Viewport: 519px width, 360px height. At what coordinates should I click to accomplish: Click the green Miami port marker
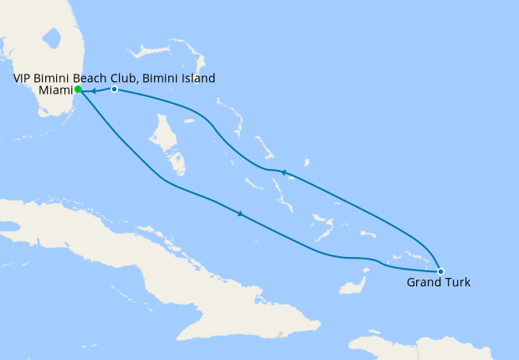(x=78, y=90)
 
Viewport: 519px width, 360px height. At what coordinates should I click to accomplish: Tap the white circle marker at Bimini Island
(x=114, y=89)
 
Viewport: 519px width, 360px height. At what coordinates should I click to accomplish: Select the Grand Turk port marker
(x=440, y=271)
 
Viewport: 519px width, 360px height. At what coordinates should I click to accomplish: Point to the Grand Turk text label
(x=439, y=283)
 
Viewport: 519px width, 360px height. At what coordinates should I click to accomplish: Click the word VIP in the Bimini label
(x=24, y=79)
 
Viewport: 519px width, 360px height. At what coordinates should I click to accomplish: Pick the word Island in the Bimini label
(x=198, y=79)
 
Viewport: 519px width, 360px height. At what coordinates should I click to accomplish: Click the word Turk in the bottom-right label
(x=457, y=283)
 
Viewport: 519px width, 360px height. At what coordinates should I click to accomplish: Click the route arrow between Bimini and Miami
(x=93, y=90)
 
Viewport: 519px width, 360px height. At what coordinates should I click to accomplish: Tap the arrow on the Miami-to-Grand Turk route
(x=241, y=214)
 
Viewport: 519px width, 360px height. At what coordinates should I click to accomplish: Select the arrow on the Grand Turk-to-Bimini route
(x=284, y=172)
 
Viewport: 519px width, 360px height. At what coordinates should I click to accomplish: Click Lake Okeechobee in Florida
(x=52, y=39)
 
